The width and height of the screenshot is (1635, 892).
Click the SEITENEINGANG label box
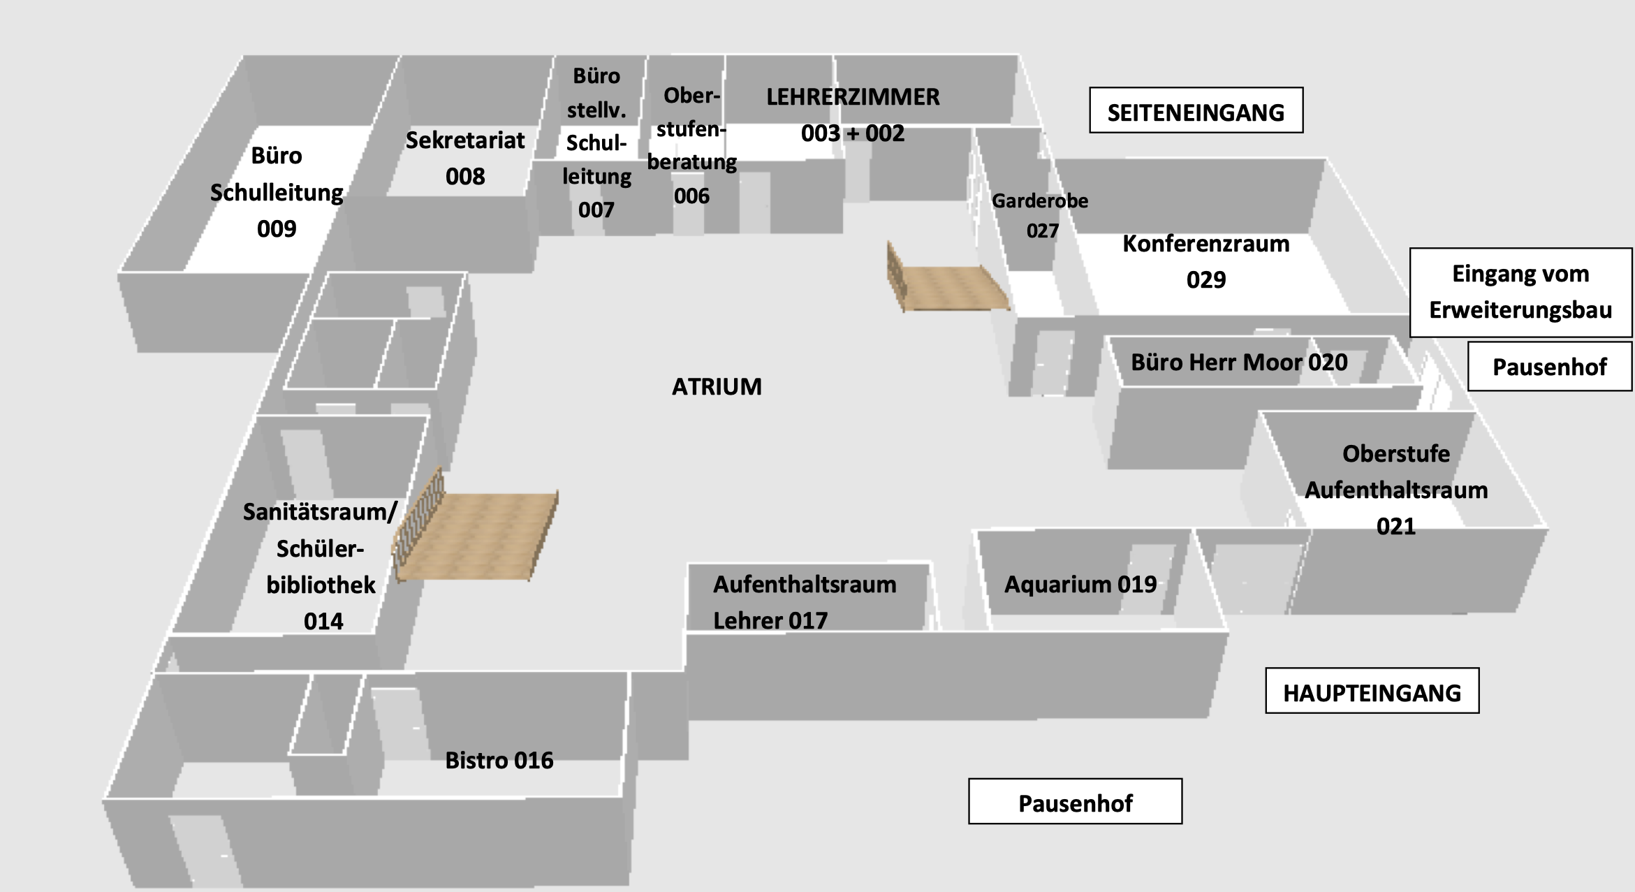pos(1196,110)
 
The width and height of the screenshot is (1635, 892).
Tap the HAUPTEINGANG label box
pos(1372,691)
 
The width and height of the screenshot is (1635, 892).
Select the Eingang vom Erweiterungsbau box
pos(1520,293)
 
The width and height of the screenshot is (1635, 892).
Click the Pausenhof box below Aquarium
pos(1075,801)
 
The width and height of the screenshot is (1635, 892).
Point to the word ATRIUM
pos(717,386)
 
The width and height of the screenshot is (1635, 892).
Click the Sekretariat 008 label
pos(465,158)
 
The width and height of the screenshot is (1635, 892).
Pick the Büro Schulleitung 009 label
pos(277,192)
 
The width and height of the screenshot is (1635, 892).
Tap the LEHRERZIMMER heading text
pos(853,97)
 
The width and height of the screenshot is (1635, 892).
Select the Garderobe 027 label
pos(1041,216)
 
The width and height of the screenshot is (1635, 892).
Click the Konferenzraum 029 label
pos(1206,261)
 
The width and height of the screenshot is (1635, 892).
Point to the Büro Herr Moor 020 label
pos(1239,363)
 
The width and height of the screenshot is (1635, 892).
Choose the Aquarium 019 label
pos(1080,584)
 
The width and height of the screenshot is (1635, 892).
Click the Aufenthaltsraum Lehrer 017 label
pos(805,602)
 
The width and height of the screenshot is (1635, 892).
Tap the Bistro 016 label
pos(499,760)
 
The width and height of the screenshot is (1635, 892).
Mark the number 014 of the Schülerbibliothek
pos(323,621)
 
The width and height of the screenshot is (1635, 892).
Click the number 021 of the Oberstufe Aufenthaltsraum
pos(1396,526)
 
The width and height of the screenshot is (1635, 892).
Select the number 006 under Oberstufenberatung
pos(691,196)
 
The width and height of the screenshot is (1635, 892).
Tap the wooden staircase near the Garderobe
pos(946,279)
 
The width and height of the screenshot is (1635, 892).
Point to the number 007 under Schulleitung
pos(596,210)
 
